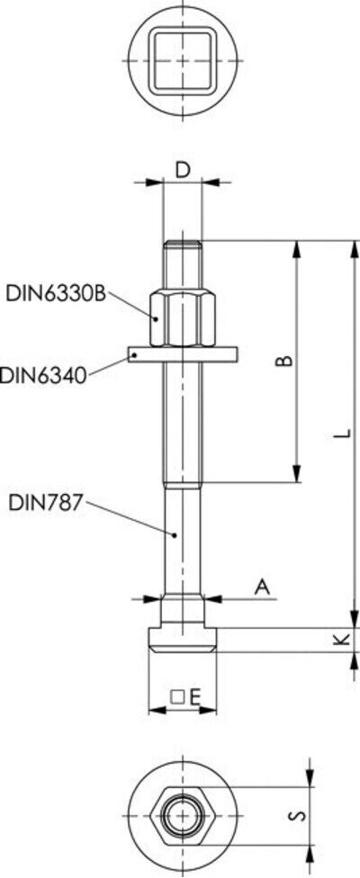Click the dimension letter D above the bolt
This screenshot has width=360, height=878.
[183, 168]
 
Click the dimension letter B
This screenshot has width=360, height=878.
[282, 361]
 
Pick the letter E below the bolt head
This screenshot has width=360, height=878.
[193, 695]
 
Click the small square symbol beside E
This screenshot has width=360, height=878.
[177, 695]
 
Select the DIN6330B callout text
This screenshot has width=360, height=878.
[56, 292]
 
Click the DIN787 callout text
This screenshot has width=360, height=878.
[45, 502]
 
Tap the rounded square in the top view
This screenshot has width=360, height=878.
[183, 59]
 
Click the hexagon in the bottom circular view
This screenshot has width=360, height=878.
[183, 817]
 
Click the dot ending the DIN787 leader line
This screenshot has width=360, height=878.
[175, 536]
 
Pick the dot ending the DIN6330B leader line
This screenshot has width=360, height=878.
[157, 318]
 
